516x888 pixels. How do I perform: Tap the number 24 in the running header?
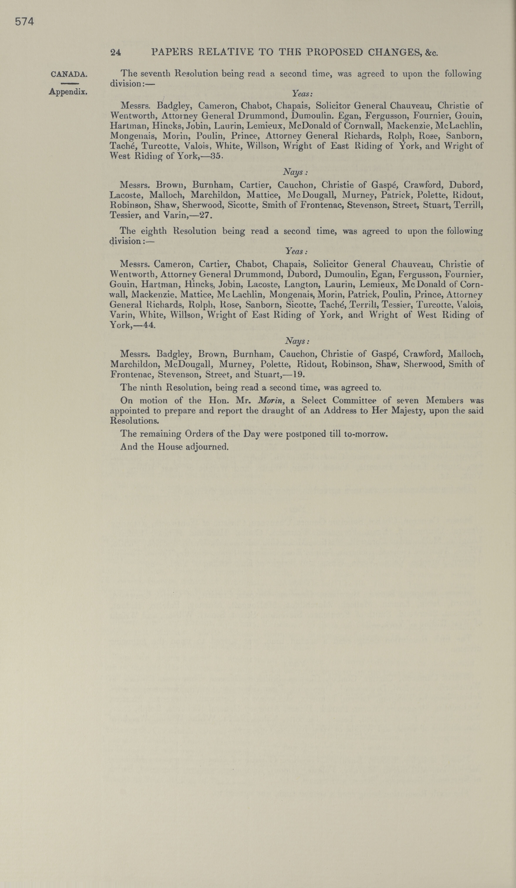click(x=116, y=52)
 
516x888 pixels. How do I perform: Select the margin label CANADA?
click(x=69, y=74)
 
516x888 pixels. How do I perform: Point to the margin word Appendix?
click(x=68, y=92)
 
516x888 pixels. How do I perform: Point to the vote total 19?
click(x=298, y=374)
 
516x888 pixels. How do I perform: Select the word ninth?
click(x=152, y=388)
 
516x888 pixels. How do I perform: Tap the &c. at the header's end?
click(x=431, y=53)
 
